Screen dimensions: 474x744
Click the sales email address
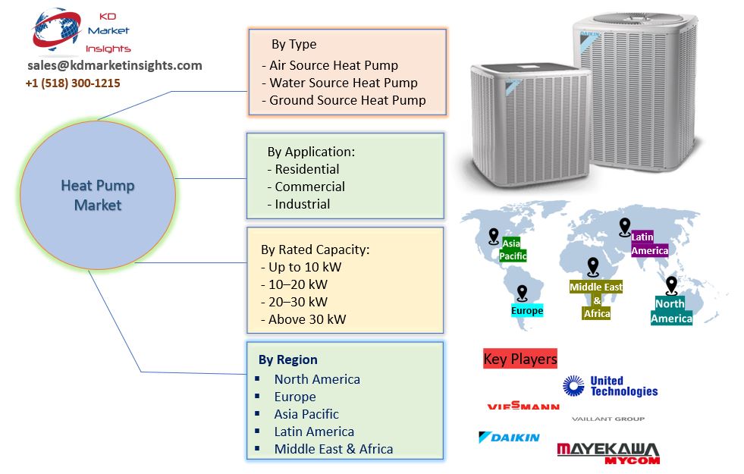coord(115,65)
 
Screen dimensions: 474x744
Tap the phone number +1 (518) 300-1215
coord(73,83)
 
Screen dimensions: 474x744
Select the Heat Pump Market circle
coord(98,195)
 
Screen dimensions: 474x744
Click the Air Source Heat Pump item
coord(334,65)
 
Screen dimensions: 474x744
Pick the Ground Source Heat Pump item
coord(347,100)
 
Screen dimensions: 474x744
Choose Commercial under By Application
coord(309,187)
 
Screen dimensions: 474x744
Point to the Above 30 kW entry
coord(307,319)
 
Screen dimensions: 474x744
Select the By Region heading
coord(288,359)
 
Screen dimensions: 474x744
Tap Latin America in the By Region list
coord(314,432)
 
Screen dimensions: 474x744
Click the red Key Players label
coord(520,359)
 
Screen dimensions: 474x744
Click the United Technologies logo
coord(610,386)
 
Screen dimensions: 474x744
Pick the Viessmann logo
coord(523,407)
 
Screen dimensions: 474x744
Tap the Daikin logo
coord(509,438)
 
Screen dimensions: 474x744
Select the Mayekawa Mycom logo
coord(608,453)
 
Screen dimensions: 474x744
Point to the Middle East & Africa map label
coord(597,300)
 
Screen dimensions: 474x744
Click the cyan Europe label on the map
coord(527,311)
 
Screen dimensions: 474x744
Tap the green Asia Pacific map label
coord(513,250)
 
